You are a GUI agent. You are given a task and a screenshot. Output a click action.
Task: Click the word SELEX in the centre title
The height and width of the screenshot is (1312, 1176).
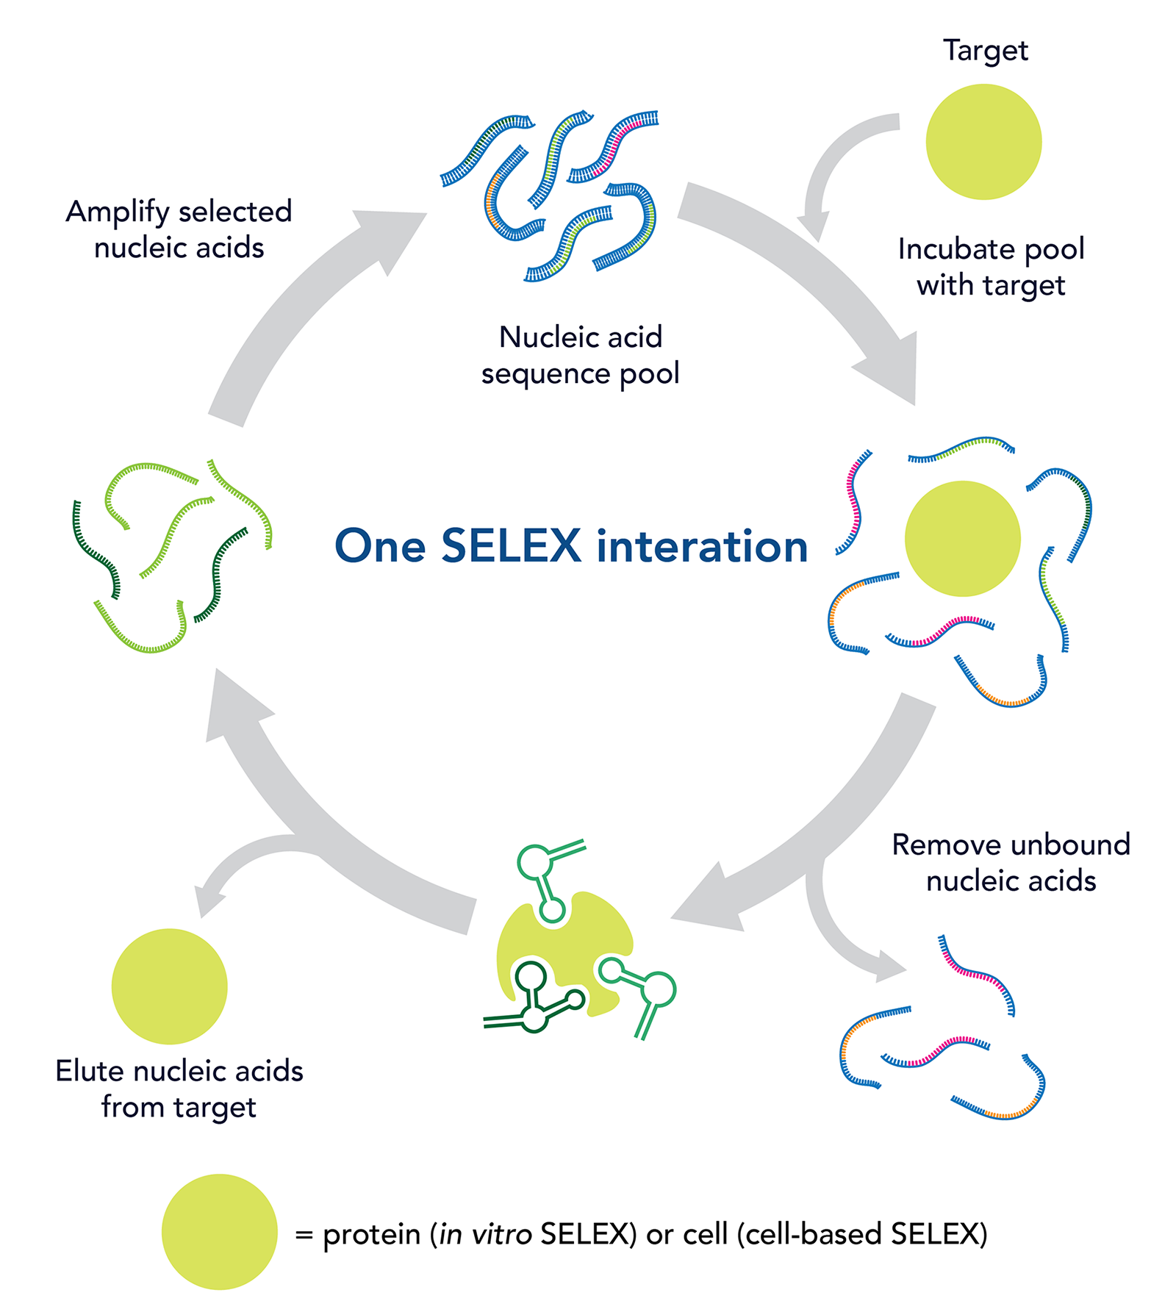(x=511, y=546)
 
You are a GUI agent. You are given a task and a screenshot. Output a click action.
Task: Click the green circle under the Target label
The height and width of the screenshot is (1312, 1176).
(x=983, y=142)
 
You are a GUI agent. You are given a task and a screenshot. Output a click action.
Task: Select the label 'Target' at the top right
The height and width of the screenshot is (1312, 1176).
(x=986, y=51)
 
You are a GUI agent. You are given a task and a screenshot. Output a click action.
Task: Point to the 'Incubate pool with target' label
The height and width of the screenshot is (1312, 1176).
(x=991, y=267)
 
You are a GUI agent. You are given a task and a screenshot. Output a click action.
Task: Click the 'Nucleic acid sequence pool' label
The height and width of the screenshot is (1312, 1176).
(x=580, y=355)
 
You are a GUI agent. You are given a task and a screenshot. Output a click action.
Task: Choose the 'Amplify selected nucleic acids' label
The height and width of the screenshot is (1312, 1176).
(x=179, y=229)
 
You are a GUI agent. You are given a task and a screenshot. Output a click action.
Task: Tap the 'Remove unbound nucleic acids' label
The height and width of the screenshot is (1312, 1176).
(x=1011, y=863)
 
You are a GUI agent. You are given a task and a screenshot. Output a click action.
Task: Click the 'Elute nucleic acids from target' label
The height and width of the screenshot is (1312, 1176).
(x=179, y=1089)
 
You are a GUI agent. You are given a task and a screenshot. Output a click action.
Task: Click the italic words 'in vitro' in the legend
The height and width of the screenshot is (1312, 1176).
(x=485, y=1234)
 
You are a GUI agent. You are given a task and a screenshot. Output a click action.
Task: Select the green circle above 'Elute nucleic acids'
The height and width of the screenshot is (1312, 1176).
(x=170, y=986)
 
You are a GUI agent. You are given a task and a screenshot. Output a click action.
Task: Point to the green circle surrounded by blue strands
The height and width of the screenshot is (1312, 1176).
(x=962, y=539)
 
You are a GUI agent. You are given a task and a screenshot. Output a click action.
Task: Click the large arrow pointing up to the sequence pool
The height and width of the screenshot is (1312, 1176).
(x=309, y=309)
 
